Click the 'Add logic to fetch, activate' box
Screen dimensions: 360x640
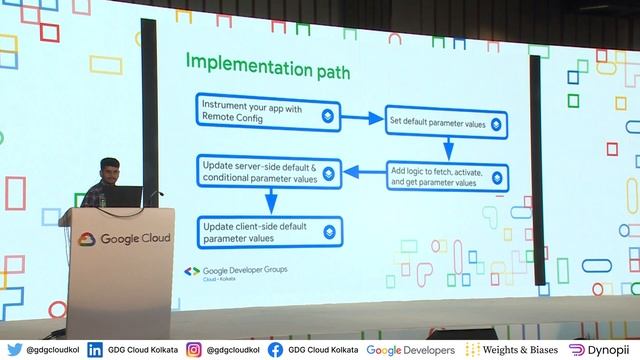pos(446,178)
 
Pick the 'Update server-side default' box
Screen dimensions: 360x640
pos(268,173)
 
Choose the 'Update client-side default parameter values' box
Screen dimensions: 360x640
pos(268,231)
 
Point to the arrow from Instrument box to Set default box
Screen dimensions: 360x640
pos(363,119)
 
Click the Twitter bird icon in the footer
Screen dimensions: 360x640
pos(14,350)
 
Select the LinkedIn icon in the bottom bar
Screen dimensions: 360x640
pos(95,350)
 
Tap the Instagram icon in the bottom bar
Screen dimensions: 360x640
pos(194,350)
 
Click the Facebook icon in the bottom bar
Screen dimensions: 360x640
pos(275,350)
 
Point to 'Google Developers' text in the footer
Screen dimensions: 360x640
pos(410,350)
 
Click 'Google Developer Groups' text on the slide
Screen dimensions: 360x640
pos(246,270)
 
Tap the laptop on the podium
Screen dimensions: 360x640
pos(124,197)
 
